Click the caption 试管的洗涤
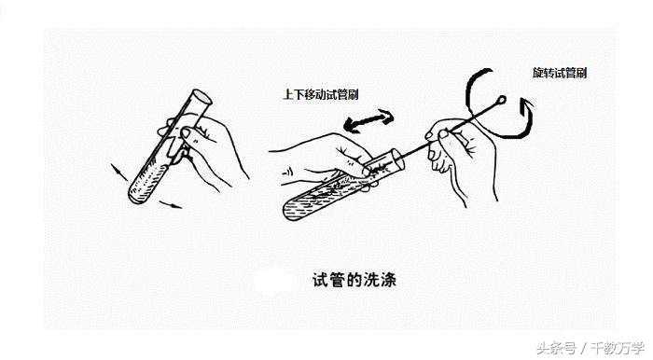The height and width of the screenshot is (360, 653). tap(354, 280)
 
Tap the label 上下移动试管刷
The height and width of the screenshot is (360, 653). tap(321, 94)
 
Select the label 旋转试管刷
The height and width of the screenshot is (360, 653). tap(560, 73)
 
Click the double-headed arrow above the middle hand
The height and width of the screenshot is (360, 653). tap(369, 121)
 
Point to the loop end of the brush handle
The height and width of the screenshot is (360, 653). tap(502, 100)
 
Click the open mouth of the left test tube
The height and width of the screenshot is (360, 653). tap(201, 97)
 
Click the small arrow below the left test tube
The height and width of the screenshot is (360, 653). tap(171, 204)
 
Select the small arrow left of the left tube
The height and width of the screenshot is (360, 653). tap(119, 172)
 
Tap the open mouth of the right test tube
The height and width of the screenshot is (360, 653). tap(396, 159)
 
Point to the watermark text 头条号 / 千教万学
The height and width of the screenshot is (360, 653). tap(590, 348)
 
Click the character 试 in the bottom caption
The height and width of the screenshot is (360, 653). tap(320, 280)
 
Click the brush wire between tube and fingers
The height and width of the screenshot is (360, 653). tap(415, 149)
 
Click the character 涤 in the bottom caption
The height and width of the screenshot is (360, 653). tap(388, 280)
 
